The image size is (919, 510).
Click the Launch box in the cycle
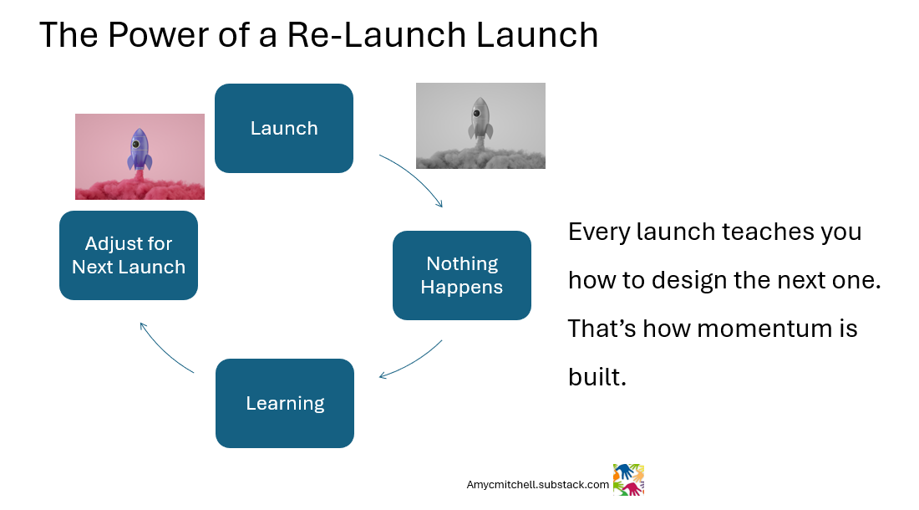284,128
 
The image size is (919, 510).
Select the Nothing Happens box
462,275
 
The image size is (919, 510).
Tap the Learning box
285,403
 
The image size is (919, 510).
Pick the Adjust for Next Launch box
129,255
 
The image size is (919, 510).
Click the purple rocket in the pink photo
140,150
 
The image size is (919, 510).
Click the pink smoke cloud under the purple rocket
140,186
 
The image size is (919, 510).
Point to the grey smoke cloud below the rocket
480,155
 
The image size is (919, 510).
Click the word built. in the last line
597,377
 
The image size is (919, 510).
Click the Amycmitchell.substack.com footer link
538,484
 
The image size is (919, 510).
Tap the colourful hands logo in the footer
628,480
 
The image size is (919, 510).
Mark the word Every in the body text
597,231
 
